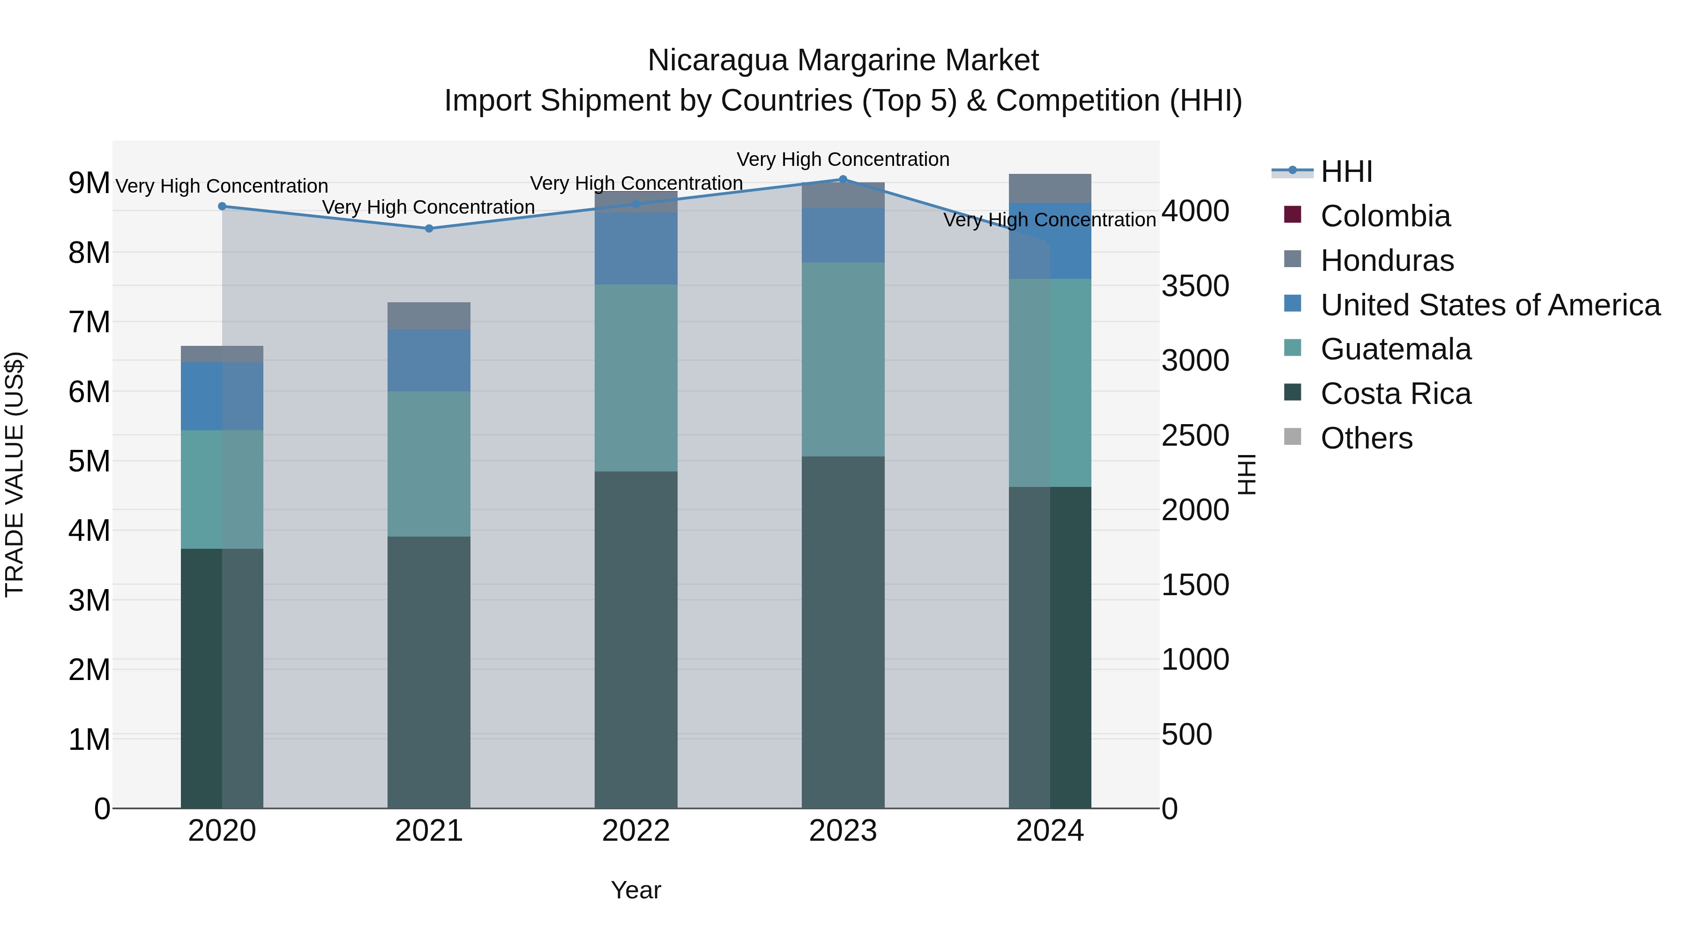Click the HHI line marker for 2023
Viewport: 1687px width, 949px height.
point(843,179)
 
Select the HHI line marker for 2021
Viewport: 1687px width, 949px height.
point(429,229)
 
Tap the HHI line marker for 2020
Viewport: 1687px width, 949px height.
point(222,206)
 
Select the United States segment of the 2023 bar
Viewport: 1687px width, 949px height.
point(843,235)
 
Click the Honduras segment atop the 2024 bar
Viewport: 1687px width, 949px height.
point(1050,188)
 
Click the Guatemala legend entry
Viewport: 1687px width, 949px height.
point(1395,349)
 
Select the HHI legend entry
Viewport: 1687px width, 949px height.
point(1346,172)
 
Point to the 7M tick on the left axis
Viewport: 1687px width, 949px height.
point(89,322)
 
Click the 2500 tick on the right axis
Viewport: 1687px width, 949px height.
point(1195,435)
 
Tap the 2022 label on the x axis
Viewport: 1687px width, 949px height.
point(635,831)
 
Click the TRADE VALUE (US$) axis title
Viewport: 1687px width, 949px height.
point(15,474)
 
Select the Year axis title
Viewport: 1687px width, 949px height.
point(635,890)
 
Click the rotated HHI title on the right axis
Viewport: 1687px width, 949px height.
point(1247,474)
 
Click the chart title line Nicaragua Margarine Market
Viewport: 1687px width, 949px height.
point(843,60)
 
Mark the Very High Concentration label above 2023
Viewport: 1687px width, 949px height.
point(843,159)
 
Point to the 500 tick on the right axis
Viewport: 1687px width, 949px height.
point(1186,734)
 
